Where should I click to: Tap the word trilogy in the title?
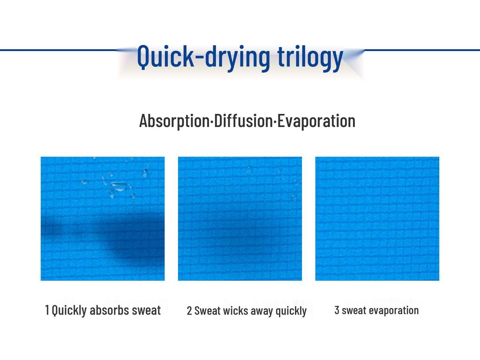tap(310, 58)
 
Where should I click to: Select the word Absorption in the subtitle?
tap(174, 121)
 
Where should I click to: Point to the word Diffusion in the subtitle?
tap(243, 120)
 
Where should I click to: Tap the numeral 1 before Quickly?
tap(47, 310)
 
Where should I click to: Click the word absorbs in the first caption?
tap(109, 310)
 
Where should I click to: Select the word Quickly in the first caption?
tap(69, 310)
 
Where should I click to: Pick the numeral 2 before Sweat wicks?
tap(189, 310)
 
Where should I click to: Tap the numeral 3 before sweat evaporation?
tap(337, 310)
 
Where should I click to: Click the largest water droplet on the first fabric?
tap(119, 186)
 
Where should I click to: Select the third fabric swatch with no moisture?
tap(377, 218)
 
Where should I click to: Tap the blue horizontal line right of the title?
tap(422, 50)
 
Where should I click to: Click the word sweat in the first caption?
tap(146, 310)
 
